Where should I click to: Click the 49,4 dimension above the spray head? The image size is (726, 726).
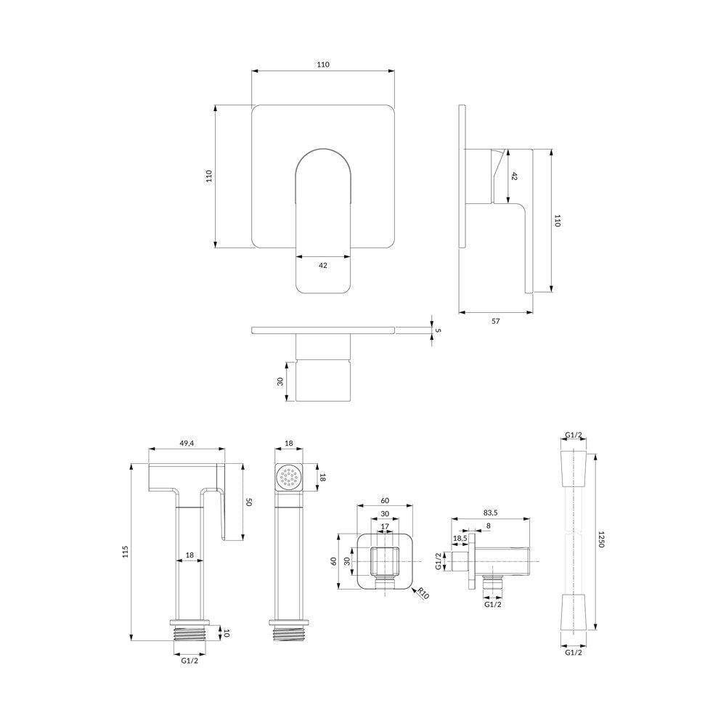[x=186, y=443]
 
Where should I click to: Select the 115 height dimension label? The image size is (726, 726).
[x=125, y=552]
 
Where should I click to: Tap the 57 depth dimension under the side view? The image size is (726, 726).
[x=495, y=321]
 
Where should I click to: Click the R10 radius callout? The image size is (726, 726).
[x=423, y=593]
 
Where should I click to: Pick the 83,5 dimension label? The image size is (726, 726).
[x=490, y=513]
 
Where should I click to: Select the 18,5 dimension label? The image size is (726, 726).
[x=460, y=539]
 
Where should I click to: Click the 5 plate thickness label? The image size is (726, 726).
[x=438, y=330]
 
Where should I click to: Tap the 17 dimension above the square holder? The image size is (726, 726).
[x=385, y=526]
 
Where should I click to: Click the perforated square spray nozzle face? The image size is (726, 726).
[x=289, y=477]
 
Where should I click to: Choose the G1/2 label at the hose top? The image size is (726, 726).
[x=574, y=435]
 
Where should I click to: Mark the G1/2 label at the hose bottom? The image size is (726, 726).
[x=574, y=653]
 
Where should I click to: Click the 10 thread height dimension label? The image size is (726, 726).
[x=226, y=633]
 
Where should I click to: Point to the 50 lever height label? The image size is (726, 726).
[x=248, y=502]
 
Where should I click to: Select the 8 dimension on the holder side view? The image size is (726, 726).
[x=489, y=526]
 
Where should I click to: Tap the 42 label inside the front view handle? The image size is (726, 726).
[x=323, y=265]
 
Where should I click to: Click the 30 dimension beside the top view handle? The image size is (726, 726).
[x=280, y=382]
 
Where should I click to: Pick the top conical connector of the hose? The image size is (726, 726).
[x=574, y=468]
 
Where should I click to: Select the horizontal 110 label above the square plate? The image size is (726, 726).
[x=323, y=65]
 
